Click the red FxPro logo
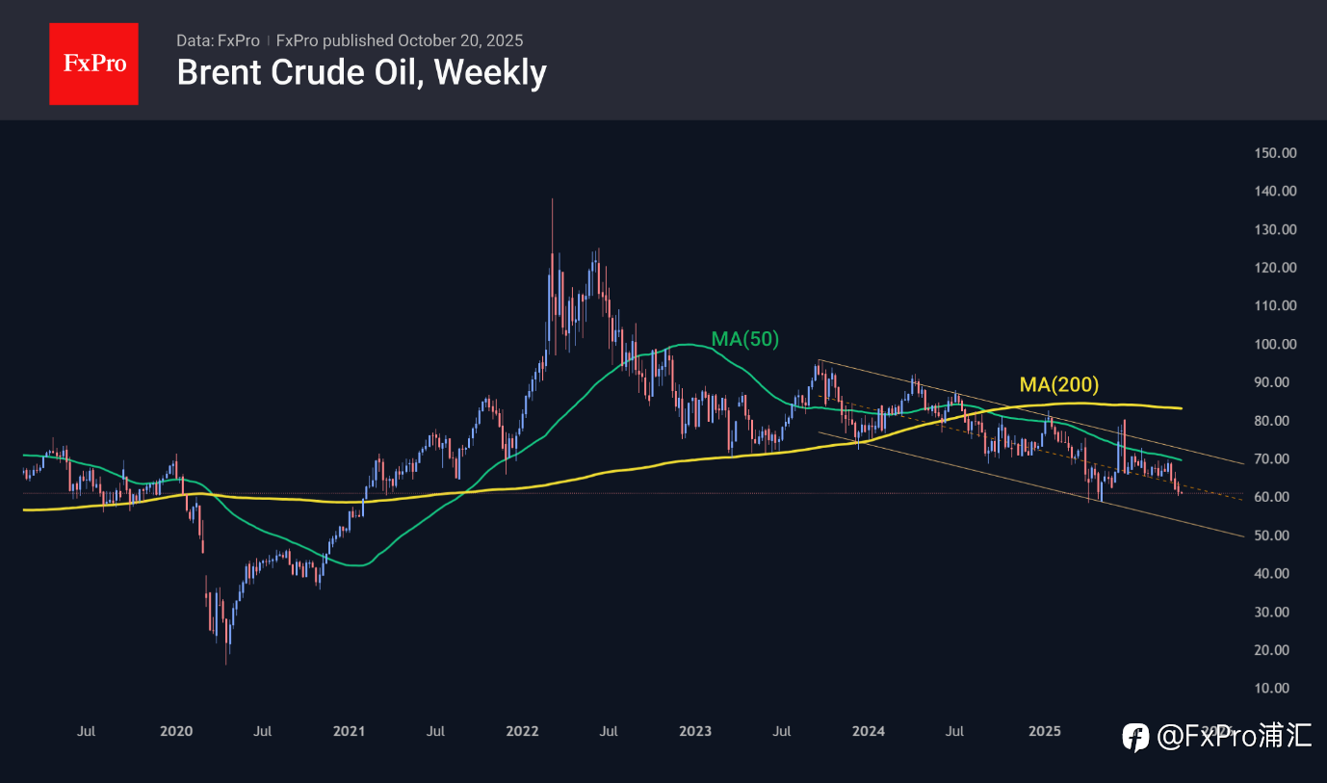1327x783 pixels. pos(93,64)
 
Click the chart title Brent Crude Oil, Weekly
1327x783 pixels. pos(361,72)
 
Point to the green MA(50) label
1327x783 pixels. pos(744,339)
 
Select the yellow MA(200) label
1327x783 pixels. pos(1058,385)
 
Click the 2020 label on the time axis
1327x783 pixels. pos(176,731)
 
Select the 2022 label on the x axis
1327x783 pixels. pos(522,731)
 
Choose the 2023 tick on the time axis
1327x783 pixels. pos(695,731)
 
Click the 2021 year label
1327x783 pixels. pos(349,731)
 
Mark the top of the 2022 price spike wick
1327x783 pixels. pos(552,199)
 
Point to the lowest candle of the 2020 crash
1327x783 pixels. pos(226,663)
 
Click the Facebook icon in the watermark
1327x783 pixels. pos(1136,738)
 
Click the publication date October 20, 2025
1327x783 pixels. pos(460,40)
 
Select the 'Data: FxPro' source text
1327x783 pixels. pos(218,40)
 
